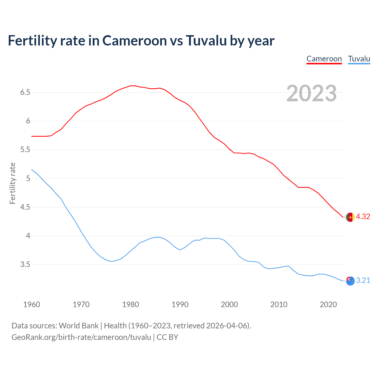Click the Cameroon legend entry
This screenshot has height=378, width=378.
tap(324, 59)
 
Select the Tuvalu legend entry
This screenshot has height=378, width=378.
tap(359, 59)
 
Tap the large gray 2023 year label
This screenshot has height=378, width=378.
tap(312, 93)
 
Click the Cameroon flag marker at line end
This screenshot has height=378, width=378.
tap(350, 217)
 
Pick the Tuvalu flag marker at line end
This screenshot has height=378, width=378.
tap(350, 281)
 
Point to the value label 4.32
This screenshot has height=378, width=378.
tap(363, 217)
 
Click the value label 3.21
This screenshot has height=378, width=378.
tap(363, 281)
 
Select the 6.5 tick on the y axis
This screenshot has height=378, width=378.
tap(25, 92)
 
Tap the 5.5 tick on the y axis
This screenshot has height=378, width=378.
tap(25, 150)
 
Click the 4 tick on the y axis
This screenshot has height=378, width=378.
tap(28, 236)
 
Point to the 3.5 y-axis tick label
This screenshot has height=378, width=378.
tap(25, 264)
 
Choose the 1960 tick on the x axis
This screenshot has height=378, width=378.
tap(32, 304)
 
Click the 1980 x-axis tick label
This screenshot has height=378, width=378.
tap(131, 304)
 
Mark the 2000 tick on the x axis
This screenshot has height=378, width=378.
tap(229, 304)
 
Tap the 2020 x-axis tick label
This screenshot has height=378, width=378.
tap(328, 304)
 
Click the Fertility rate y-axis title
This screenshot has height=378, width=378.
tap(12, 183)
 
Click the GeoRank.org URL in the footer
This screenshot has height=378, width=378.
tap(81, 337)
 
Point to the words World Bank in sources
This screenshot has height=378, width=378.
tap(79, 326)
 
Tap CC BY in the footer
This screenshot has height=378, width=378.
tap(167, 337)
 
